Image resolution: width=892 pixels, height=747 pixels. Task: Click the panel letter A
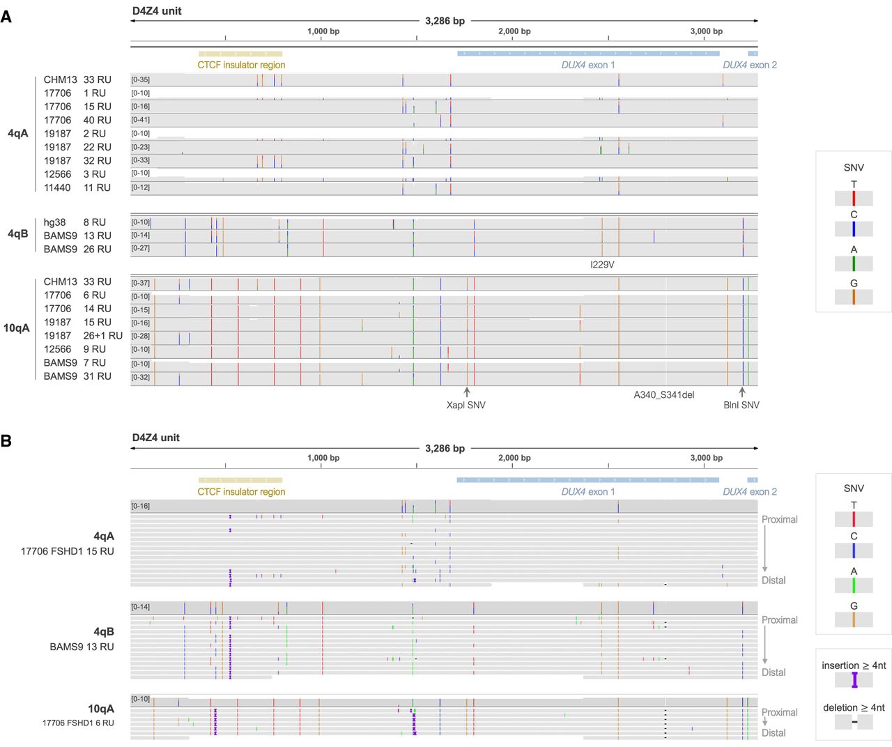(x=6, y=16)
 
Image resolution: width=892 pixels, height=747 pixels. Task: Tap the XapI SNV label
(x=466, y=405)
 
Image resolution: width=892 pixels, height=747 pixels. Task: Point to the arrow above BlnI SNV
(x=742, y=392)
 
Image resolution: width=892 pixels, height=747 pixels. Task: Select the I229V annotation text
(x=602, y=265)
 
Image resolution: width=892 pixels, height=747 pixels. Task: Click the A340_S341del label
(x=663, y=395)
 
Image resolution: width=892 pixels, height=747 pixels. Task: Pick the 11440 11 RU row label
(x=77, y=187)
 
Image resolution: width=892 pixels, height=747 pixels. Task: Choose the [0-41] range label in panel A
(x=141, y=120)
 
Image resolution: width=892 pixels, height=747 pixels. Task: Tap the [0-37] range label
(x=141, y=283)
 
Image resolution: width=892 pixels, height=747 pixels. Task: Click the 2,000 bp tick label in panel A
(x=514, y=31)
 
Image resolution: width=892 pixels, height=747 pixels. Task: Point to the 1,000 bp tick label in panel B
(x=323, y=458)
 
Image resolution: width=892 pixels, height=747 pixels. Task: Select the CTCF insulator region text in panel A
(x=241, y=65)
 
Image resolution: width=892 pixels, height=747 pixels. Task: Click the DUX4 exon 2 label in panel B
(x=750, y=492)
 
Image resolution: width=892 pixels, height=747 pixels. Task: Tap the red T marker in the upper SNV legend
(x=854, y=198)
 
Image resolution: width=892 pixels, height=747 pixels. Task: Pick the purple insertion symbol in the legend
(x=854, y=680)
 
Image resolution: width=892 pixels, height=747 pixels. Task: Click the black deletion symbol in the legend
(x=854, y=722)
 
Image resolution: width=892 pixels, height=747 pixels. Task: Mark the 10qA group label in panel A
(x=17, y=328)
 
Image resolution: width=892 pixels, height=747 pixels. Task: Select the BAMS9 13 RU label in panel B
(x=82, y=647)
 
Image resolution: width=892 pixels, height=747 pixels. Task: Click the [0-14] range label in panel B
(x=141, y=607)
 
